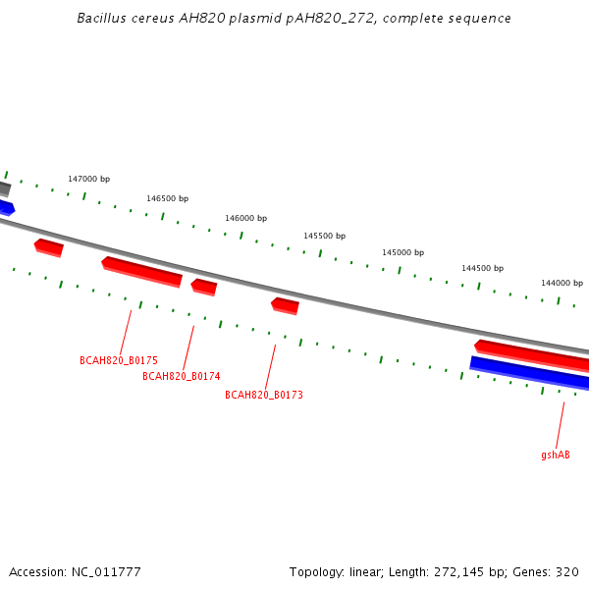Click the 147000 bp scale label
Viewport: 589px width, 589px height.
click(89, 179)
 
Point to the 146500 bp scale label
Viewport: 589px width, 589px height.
click(168, 198)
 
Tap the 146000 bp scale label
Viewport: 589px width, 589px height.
click(246, 218)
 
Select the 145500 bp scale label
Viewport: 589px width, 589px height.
click(325, 236)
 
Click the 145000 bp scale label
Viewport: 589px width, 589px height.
click(403, 252)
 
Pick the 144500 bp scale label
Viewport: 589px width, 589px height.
click(483, 268)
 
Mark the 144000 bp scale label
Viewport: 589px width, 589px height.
click(562, 283)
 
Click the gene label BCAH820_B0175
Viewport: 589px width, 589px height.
click(119, 360)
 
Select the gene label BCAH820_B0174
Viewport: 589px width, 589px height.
click(182, 376)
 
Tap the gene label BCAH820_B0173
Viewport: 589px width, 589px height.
click(264, 395)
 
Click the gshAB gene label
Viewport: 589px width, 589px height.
click(556, 455)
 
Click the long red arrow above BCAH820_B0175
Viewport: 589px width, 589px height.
click(142, 272)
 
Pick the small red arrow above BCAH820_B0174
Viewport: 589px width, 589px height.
click(204, 288)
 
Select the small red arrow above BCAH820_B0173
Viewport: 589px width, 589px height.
click(285, 306)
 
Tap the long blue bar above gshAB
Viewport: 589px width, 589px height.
click(529, 373)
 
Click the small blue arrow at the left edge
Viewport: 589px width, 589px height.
click(7, 208)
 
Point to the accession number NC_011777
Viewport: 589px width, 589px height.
click(106, 572)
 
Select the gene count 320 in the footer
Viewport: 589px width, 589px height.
click(567, 572)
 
